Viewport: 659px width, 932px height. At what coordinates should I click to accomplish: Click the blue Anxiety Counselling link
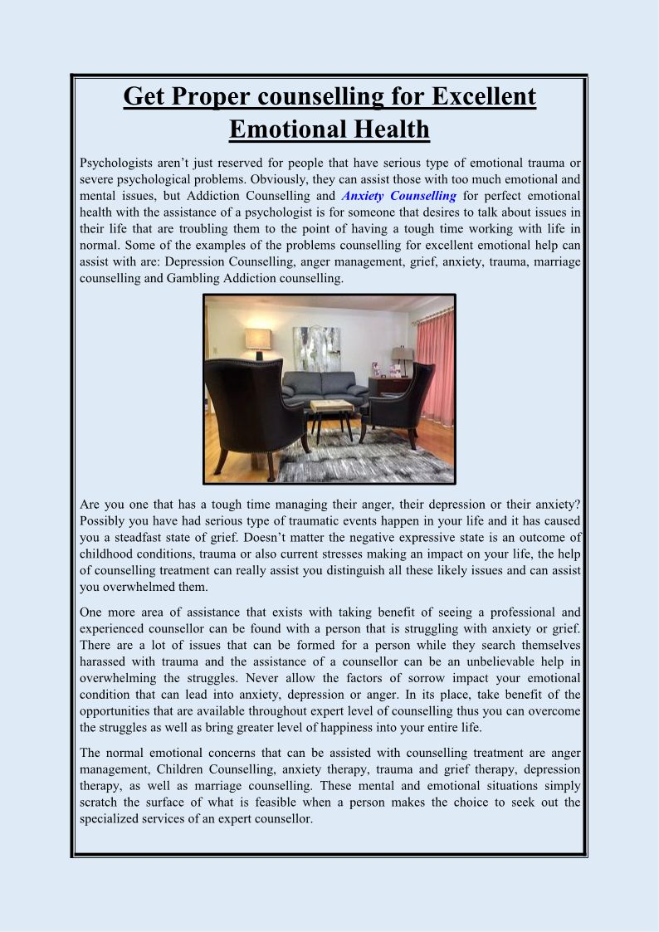[398, 196]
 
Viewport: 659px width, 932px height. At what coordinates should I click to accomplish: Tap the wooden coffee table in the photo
[331, 407]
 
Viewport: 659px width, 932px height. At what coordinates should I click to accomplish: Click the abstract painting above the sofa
[316, 348]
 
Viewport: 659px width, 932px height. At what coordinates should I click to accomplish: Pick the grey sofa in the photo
[324, 388]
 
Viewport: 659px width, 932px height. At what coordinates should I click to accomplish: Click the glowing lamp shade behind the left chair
[257, 339]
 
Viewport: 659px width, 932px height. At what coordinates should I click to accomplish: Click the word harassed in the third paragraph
[106, 661]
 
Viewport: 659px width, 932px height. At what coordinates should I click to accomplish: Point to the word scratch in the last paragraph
[101, 803]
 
